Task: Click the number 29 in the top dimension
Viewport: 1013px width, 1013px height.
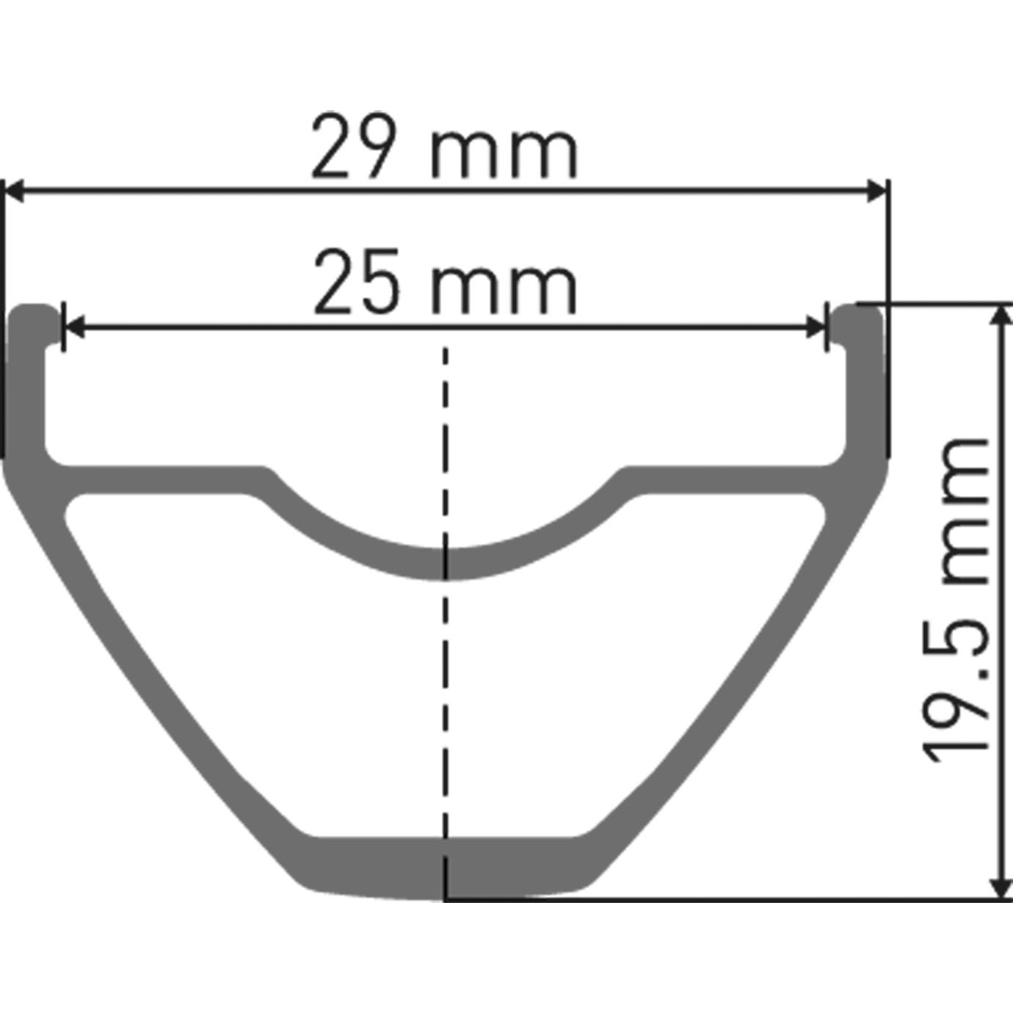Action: point(355,148)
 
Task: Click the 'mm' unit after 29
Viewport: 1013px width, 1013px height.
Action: point(505,154)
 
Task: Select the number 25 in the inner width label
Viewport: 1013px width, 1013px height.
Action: point(356,284)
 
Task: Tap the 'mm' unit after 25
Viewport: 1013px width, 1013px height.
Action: point(504,290)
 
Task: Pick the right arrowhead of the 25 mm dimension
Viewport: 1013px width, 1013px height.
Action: point(816,328)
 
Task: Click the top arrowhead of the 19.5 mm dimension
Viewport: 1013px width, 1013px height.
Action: point(1001,316)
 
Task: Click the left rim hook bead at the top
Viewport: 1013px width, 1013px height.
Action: point(35,319)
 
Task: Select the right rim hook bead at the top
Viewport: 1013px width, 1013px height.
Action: point(859,319)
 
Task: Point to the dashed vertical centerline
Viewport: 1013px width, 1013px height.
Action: point(446,697)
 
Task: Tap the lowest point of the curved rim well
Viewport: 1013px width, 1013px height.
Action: point(446,564)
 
